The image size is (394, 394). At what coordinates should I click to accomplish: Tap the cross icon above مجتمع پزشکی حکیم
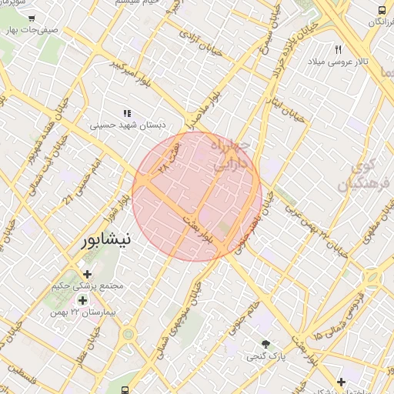click(x=86, y=274)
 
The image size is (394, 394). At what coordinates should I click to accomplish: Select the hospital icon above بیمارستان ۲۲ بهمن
click(x=82, y=299)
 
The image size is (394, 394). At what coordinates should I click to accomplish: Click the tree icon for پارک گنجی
click(x=266, y=344)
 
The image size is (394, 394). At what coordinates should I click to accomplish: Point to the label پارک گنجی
click(x=266, y=356)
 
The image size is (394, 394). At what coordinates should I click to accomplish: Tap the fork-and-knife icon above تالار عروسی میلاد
click(x=338, y=49)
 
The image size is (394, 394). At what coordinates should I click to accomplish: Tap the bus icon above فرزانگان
click(x=382, y=10)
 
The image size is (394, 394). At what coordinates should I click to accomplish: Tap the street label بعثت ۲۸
click(x=169, y=156)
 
